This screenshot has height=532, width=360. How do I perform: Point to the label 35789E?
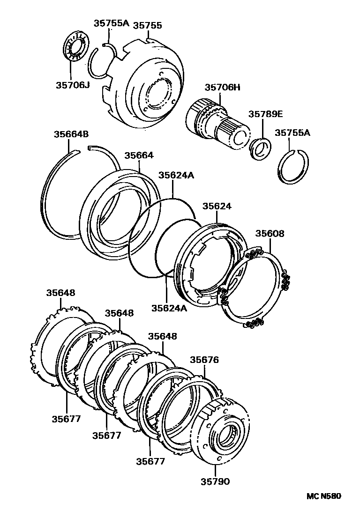pyautogui.click(x=265, y=114)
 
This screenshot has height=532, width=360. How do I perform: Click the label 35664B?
pyautogui.click(x=71, y=134)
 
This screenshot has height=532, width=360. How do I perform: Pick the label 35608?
pyautogui.click(x=270, y=233)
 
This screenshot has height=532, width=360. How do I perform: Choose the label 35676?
pyautogui.click(x=204, y=360)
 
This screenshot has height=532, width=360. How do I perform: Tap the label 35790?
pyautogui.click(x=216, y=481)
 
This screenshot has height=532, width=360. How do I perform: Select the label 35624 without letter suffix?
pyautogui.click(x=217, y=206)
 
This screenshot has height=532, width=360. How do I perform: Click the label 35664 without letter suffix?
pyautogui.click(x=139, y=155)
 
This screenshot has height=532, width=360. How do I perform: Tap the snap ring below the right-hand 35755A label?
pyautogui.click(x=294, y=167)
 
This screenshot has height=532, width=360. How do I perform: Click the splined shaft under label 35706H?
pyautogui.click(x=216, y=123)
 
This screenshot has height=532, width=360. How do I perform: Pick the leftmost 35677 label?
pyautogui.click(x=66, y=419)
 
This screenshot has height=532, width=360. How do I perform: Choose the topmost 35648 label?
pyautogui.click(x=60, y=293)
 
